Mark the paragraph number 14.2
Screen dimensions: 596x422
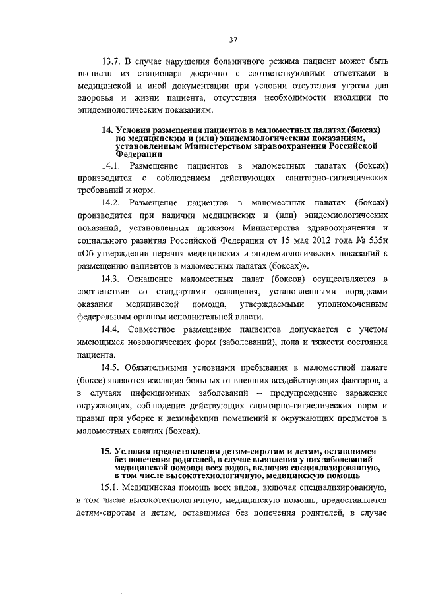click(111, 203)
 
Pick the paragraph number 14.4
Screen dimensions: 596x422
click(111, 329)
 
